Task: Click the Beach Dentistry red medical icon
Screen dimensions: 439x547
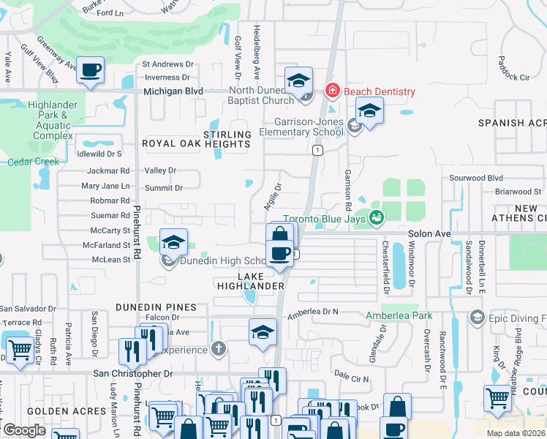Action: click(x=332, y=91)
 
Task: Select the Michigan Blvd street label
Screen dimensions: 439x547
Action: click(x=173, y=91)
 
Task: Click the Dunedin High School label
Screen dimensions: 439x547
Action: click(x=219, y=261)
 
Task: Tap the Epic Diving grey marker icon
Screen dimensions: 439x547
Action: click(x=478, y=317)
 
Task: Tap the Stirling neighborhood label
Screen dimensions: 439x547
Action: click(x=227, y=135)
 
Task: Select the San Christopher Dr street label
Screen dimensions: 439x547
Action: click(x=132, y=373)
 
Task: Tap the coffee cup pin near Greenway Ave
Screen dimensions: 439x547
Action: click(x=91, y=71)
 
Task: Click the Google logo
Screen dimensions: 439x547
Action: click(x=24, y=430)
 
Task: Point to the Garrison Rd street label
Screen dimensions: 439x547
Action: click(x=348, y=188)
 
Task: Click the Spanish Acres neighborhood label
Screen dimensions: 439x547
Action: click(x=512, y=123)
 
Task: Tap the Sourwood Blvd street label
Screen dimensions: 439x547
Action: click(x=476, y=178)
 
